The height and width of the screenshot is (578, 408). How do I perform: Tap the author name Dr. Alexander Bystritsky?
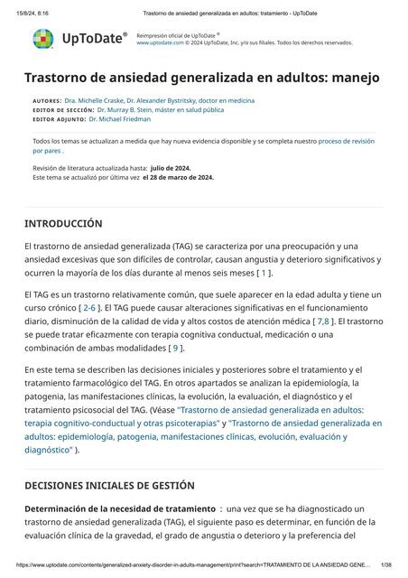(x=186, y=100)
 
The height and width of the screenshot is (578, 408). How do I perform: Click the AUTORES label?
(x=46, y=100)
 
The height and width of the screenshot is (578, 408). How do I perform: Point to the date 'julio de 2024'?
(x=176, y=168)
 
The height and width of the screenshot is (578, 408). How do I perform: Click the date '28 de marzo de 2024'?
(x=178, y=177)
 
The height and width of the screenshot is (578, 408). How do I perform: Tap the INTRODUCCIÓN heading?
(x=63, y=223)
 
